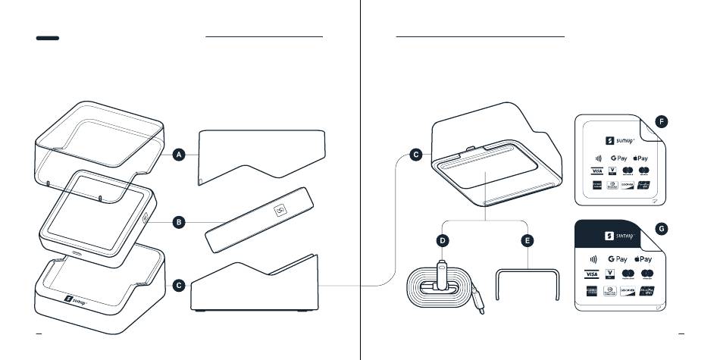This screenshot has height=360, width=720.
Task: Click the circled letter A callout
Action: tap(179, 155)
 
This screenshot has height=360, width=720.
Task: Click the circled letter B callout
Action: tap(179, 222)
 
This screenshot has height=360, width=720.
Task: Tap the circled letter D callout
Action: tap(443, 240)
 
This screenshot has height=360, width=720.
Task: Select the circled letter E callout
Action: tap(527, 240)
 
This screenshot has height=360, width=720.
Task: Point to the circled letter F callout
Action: tap(662, 121)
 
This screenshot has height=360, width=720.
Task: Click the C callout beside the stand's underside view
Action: tap(415, 155)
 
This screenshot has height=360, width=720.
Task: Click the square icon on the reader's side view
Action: tap(280, 210)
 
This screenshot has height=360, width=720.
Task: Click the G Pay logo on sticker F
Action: tap(618, 158)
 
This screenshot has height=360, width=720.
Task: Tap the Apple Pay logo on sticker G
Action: tap(642, 258)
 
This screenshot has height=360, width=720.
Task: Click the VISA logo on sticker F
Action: tap(597, 171)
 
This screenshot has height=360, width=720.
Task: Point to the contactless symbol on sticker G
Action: tap(593, 258)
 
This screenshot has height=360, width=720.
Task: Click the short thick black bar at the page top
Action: tap(48, 38)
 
